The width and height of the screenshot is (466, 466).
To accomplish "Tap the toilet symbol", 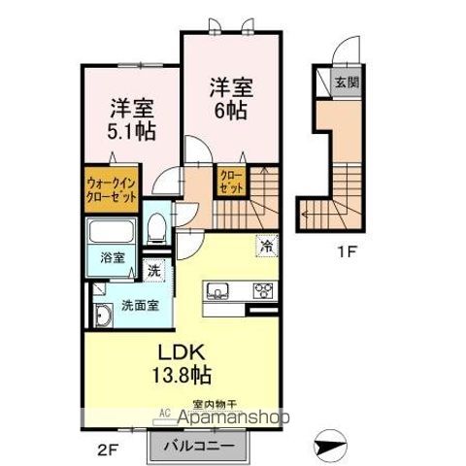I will [154, 231].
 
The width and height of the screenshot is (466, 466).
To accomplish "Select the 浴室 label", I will [111, 258].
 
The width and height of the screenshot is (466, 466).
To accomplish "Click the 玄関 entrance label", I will [347, 83].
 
